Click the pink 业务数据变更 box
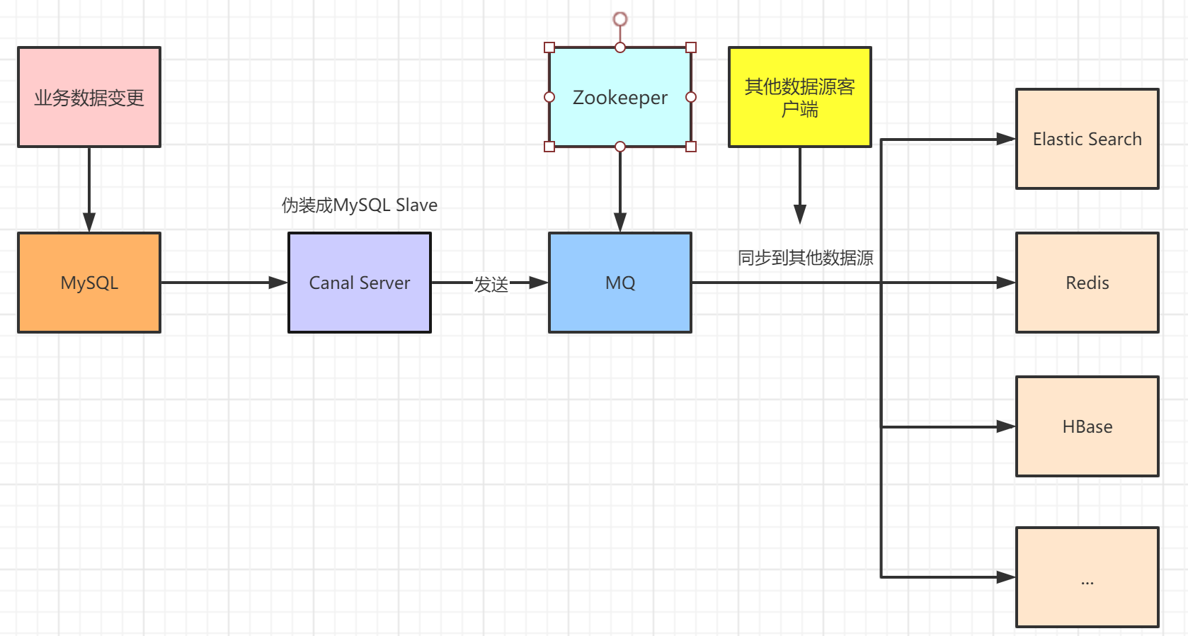89,97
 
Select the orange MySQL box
89,283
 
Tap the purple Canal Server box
360,283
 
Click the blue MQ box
620,283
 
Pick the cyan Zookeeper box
620,97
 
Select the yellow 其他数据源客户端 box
800,97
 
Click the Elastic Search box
1087,139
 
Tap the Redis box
1087,283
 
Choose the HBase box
1087,426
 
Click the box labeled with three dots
1087,577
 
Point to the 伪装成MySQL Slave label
360,205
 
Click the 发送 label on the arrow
491,284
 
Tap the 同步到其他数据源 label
806,258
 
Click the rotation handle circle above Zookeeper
620,18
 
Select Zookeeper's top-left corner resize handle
549,47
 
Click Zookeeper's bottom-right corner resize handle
691,147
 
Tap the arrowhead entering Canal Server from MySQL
279,283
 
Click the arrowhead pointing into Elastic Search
1006,139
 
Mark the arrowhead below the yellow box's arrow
800,215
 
